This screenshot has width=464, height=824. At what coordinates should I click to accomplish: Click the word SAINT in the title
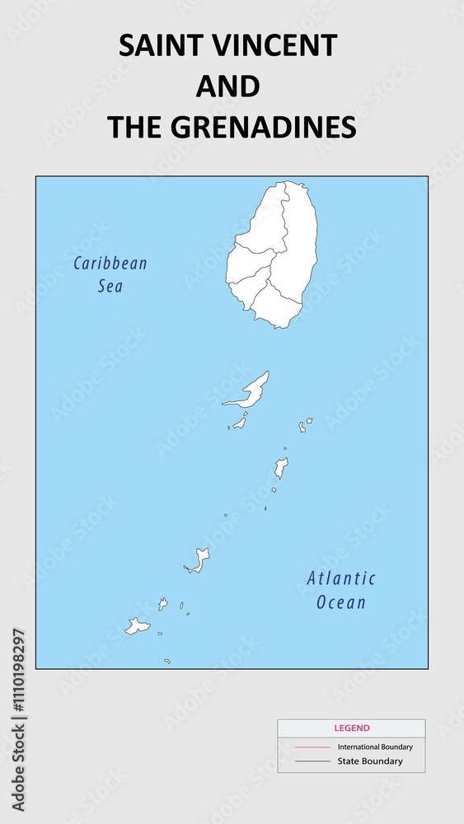click(158, 46)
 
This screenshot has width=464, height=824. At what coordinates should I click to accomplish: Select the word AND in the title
click(228, 87)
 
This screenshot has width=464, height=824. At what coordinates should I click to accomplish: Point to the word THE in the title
click(134, 127)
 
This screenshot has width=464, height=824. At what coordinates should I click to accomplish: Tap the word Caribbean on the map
click(110, 264)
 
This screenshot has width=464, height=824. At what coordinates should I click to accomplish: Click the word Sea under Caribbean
click(110, 287)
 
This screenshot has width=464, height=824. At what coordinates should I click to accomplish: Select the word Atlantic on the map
click(341, 578)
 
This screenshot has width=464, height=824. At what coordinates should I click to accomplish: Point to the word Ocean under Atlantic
click(341, 602)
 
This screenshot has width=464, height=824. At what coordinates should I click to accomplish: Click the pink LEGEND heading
click(352, 728)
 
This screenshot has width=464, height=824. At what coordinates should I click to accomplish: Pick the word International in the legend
click(360, 747)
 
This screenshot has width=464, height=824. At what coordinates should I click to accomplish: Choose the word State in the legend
click(349, 761)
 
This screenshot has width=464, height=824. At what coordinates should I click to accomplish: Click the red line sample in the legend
click(312, 747)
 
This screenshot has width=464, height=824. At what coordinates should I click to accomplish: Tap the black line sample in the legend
click(312, 761)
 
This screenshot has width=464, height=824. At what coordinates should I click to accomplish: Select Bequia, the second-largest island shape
click(252, 390)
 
